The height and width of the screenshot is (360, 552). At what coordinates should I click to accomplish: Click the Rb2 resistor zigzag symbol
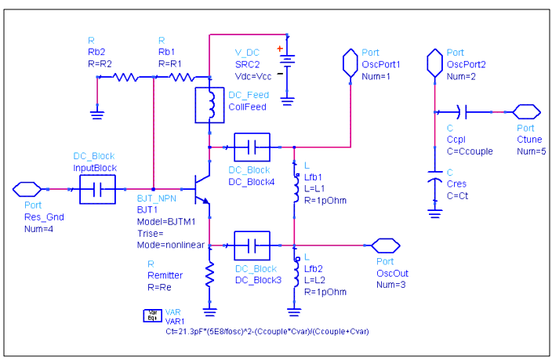(125, 77)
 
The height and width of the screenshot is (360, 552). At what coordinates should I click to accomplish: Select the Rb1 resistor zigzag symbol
(181, 77)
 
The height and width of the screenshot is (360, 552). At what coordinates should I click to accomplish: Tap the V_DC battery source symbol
(287, 65)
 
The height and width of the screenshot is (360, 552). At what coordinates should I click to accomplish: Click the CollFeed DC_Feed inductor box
(209, 105)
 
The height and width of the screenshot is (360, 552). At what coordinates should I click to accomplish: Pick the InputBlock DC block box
(97, 189)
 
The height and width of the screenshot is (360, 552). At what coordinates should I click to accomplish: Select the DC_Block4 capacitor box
(252, 147)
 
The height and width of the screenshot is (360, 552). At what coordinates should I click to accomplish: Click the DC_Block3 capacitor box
(252, 245)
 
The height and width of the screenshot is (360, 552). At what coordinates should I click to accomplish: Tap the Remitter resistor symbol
(209, 275)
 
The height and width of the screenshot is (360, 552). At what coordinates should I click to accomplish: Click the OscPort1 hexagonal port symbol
(350, 63)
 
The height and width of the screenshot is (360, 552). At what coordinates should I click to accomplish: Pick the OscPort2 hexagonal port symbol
(434, 63)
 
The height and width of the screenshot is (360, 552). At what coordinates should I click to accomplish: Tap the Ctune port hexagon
(526, 112)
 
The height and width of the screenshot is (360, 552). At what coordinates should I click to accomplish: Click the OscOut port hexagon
(386, 245)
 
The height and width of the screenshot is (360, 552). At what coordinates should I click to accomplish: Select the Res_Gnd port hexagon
(27, 189)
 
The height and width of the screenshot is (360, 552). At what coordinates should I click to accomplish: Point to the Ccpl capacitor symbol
(463, 112)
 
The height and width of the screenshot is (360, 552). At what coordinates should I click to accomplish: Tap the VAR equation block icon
(152, 315)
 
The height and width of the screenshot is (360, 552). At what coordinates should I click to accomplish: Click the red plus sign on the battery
(280, 49)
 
